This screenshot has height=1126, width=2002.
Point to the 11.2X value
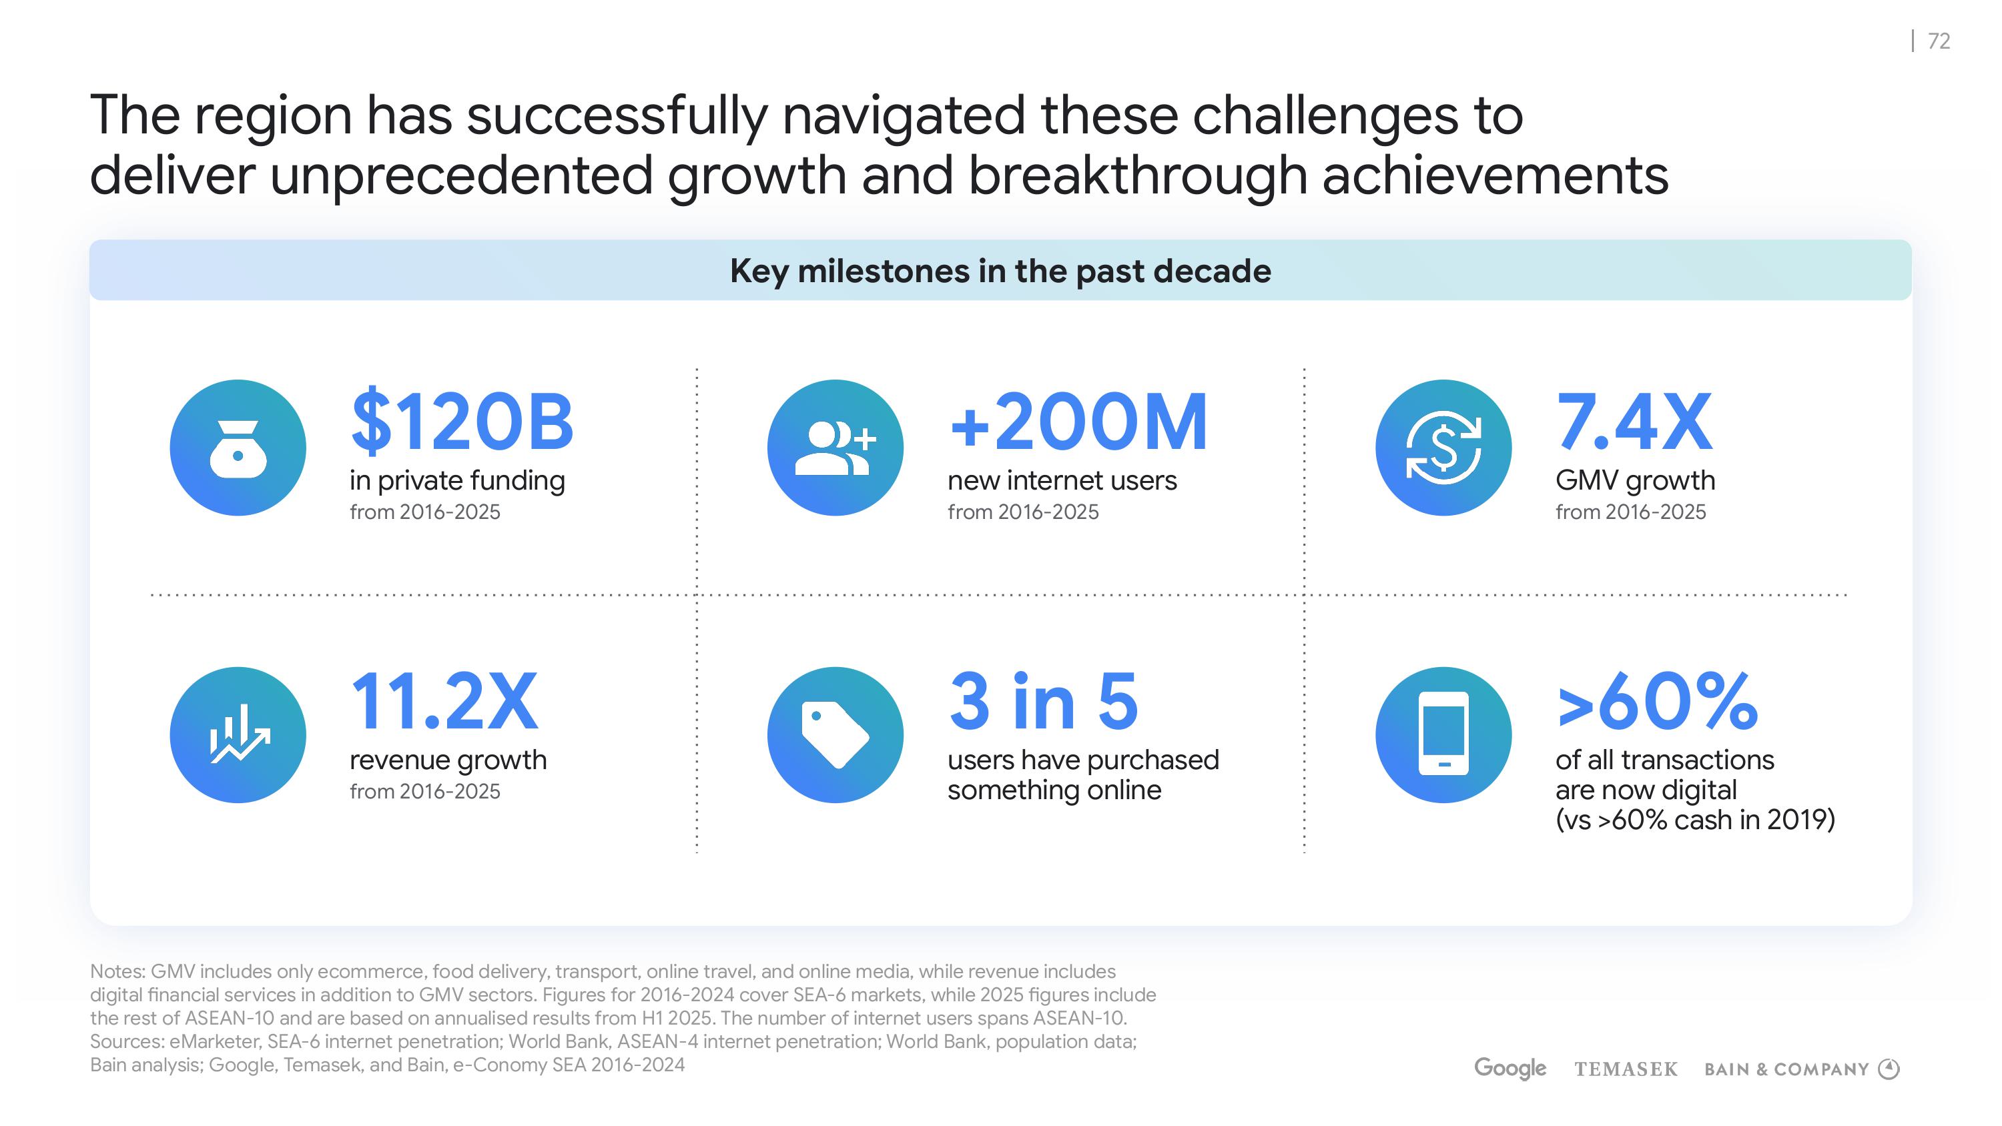[x=444, y=701]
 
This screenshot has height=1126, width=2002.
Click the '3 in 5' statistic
[x=1044, y=701]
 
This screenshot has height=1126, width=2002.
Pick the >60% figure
[x=1657, y=701]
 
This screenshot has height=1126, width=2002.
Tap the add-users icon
[x=836, y=448]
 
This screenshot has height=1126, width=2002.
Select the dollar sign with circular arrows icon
[x=1443, y=448]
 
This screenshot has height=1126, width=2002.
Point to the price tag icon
[x=836, y=734]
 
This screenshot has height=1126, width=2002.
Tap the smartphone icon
[x=1443, y=734]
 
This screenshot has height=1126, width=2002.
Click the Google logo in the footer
[x=1510, y=1069]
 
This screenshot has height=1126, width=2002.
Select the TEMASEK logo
[x=1626, y=1069]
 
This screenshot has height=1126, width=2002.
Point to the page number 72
[x=1939, y=41]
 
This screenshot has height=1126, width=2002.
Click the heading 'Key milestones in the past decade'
[x=1000, y=271]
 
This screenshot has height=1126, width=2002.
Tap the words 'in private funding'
[x=457, y=481]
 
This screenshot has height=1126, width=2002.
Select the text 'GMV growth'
[x=1635, y=481]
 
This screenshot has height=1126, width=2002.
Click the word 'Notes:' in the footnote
[x=117, y=971]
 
